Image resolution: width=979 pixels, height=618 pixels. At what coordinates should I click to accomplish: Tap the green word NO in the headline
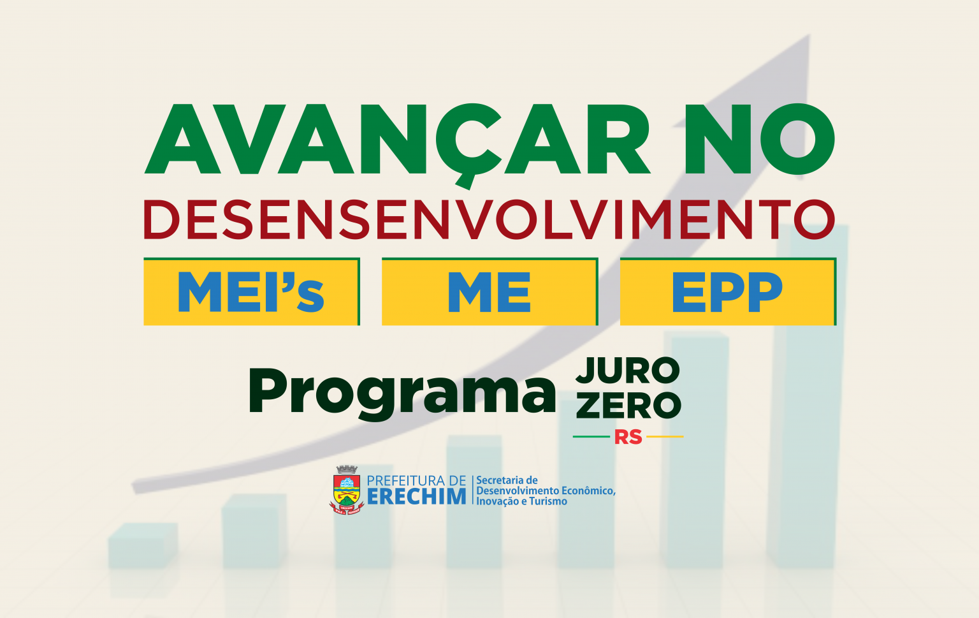click(760, 139)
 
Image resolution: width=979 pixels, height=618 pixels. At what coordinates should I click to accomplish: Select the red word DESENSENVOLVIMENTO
click(489, 219)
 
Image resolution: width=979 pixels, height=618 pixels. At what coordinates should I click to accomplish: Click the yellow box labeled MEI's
click(252, 291)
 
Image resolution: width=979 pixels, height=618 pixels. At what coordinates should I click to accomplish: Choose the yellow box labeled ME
click(490, 291)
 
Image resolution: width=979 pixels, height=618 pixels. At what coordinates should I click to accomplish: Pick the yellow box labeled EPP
click(728, 291)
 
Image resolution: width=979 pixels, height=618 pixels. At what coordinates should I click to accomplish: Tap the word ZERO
click(628, 406)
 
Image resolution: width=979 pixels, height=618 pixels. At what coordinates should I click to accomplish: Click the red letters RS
click(628, 437)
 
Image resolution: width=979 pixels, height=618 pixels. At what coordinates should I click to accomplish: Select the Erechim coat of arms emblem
click(347, 490)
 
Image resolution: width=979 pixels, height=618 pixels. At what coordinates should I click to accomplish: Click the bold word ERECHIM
click(416, 497)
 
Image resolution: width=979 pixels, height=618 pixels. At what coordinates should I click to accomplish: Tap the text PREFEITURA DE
click(416, 481)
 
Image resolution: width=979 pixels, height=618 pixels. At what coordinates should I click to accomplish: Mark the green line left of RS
click(591, 436)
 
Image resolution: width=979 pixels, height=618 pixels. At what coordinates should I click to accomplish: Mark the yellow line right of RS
click(665, 436)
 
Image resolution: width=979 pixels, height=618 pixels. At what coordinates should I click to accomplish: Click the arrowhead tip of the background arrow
click(809, 36)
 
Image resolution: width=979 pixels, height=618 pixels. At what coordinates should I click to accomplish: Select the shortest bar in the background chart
click(143, 545)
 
